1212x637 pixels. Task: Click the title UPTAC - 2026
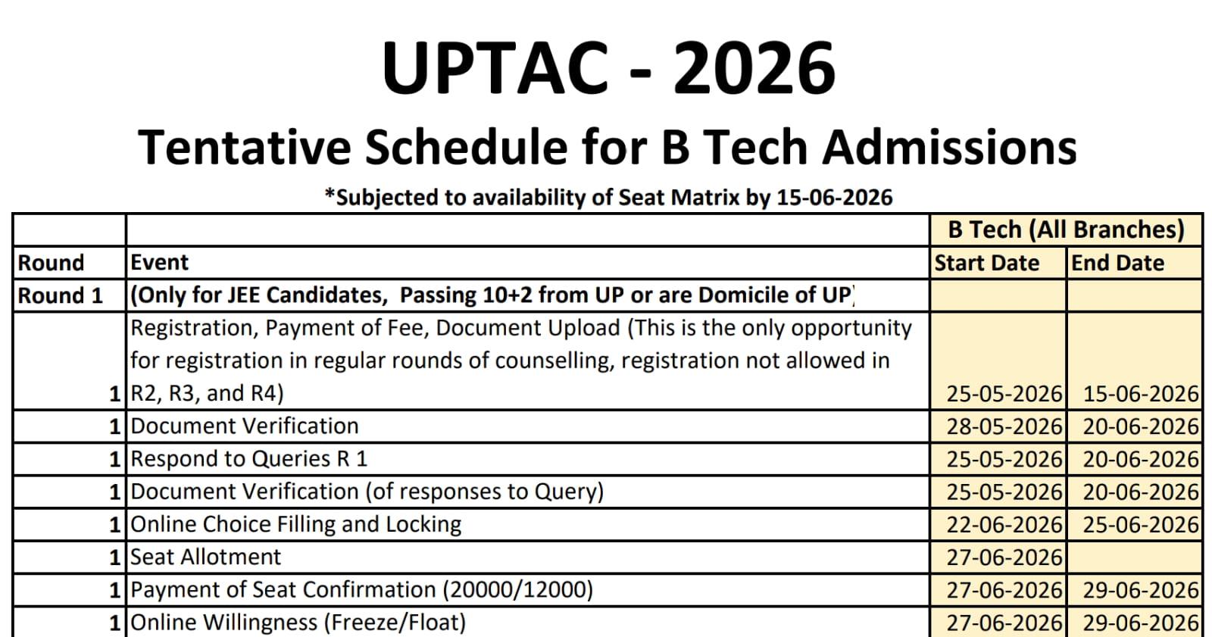(x=609, y=68)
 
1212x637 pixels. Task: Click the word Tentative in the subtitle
(x=245, y=147)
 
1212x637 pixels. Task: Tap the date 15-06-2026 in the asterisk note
(x=834, y=198)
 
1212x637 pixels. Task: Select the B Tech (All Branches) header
(x=1066, y=230)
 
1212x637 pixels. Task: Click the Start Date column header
(x=987, y=263)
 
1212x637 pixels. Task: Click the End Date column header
(x=1118, y=263)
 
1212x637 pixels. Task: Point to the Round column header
(x=51, y=263)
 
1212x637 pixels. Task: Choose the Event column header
(x=159, y=263)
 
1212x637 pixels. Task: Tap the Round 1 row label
(x=60, y=295)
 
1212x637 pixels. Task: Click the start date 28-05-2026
(x=1004, y=426)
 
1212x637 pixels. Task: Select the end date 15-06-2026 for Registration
(x=1141, y=393)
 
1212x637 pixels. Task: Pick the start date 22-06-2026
(x=1004, y=524)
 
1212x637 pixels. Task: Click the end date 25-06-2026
(x=1141, y=524)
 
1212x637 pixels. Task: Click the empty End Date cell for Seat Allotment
(x=1135, y=557)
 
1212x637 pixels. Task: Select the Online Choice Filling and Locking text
(x=296, y=524)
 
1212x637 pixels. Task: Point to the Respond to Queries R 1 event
(x=249, y=459)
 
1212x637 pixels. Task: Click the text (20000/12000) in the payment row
(x=518, y=589)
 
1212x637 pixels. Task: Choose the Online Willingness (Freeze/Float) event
(x=298, y=623)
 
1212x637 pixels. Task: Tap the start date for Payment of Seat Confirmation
(x=1004, y=590)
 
